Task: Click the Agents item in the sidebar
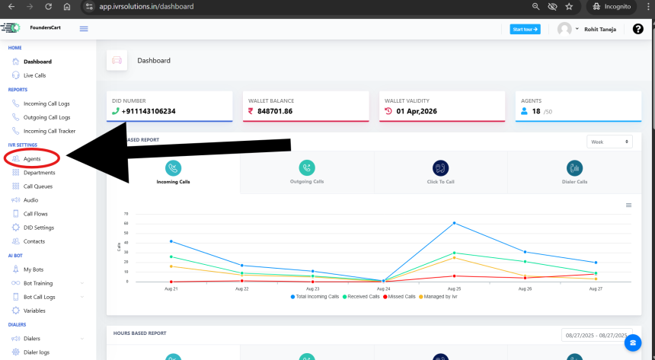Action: click(32, 158)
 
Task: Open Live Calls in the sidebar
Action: click(34, 75)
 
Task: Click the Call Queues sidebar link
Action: click(37, 186)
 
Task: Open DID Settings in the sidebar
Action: click(38, 228)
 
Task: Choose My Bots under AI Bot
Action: click(34, 269)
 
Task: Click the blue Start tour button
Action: click(525, 29)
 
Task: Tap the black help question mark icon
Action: click(637, 29)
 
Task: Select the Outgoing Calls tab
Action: click(307, 172)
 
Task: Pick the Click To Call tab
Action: click(440, 172)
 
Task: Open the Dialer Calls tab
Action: click(574, 172)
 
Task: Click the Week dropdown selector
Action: click(609, 142)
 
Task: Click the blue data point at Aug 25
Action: click(454, 223)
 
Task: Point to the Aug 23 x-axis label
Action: click(312, 289)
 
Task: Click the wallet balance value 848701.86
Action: click(275, 111)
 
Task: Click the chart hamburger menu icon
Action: click(628, 205)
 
